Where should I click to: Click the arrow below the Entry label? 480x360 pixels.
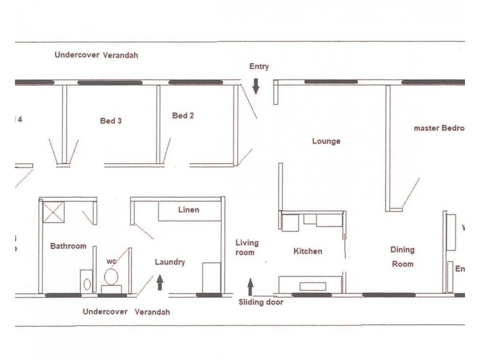click(256, 87)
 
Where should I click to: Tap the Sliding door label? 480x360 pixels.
click(260, 302)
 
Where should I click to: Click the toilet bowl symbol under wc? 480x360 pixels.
click(111, 277)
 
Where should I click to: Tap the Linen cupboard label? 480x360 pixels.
click(188, 210)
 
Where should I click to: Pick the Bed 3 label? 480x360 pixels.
click(110, 121)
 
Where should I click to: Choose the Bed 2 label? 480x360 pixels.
click(183, 116)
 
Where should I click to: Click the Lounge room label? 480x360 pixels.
click(326, 142)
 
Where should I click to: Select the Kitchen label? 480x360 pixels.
click(307, 251)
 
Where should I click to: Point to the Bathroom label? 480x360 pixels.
click(68, 246)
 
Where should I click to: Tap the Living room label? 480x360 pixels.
click(247, 248)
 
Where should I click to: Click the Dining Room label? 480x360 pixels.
click(403, 256)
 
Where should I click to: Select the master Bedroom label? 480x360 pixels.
click(439, 128)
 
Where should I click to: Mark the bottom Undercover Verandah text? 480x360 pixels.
click(126, 312)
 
